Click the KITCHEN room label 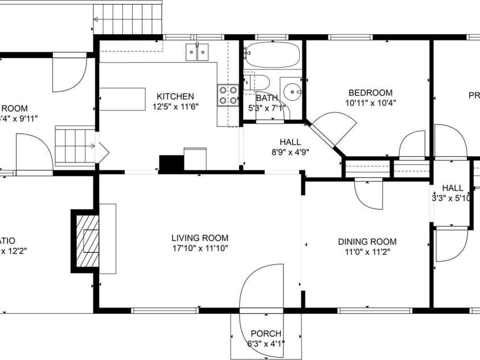pos(175,96)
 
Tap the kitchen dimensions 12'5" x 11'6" pos(175,106)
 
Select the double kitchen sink pos(197,52)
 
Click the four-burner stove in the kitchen pos(228,95)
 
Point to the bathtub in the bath pos(273,55)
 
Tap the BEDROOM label pos(370,93)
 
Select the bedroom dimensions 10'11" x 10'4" pos(370,103)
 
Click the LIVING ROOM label pos(200,238)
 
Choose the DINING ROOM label pos(367,242)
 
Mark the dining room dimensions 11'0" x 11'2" pos(367,251)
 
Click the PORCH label pos(266,334)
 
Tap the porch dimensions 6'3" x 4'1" pos(266,343)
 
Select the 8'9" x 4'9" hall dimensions pos(290,152)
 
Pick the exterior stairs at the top pos(129,17)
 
